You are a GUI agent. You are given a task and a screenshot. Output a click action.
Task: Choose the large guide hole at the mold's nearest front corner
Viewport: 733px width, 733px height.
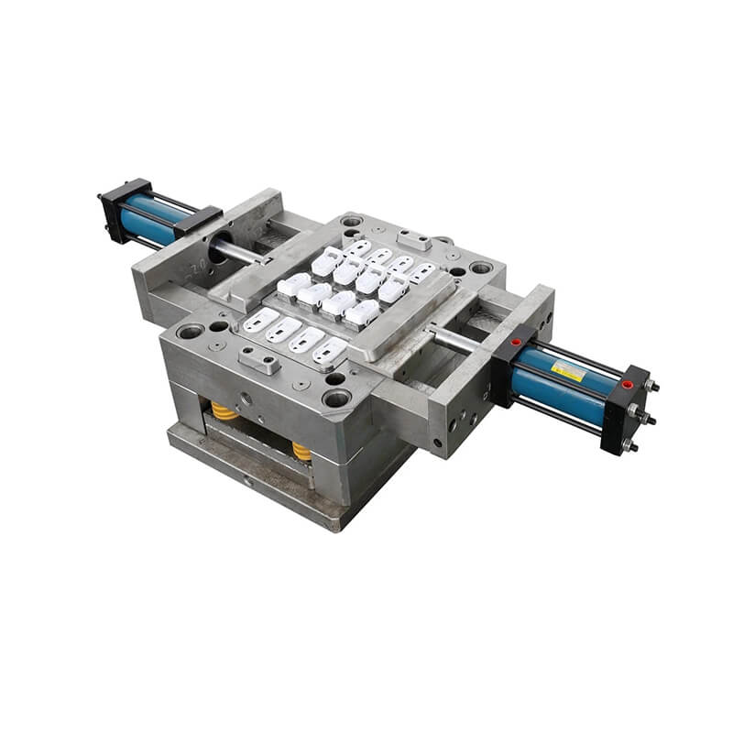(x=336, y=397)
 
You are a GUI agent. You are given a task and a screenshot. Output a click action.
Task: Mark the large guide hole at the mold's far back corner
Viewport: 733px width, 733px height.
(x=351, y=221)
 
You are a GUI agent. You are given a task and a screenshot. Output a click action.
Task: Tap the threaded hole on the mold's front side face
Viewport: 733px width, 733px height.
(x=245, y=399)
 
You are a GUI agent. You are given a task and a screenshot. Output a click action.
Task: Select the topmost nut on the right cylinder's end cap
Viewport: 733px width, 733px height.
(x=652, y=386)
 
